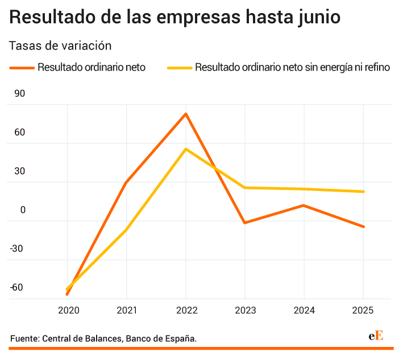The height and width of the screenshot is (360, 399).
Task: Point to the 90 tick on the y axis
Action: (19, 94)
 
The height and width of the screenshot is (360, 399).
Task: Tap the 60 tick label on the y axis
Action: (19, 133)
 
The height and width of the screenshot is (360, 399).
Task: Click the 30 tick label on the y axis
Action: (19, 171)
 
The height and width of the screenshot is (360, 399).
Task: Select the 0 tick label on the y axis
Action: (23, 210)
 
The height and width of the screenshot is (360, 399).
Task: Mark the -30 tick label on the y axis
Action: (17, 249)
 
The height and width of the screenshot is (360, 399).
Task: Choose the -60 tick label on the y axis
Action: (17, 287)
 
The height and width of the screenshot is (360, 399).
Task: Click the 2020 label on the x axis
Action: (68, 311)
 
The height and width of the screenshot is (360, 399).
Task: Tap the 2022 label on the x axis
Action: (186, 311)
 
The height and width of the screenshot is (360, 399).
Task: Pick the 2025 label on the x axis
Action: (363, 311)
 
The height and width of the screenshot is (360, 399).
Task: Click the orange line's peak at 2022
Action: (186, 114)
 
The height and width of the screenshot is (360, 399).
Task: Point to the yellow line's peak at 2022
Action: (186, 149)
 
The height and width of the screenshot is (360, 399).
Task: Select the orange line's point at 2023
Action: (245, 222)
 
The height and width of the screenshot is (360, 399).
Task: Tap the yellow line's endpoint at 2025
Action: (363, 192)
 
